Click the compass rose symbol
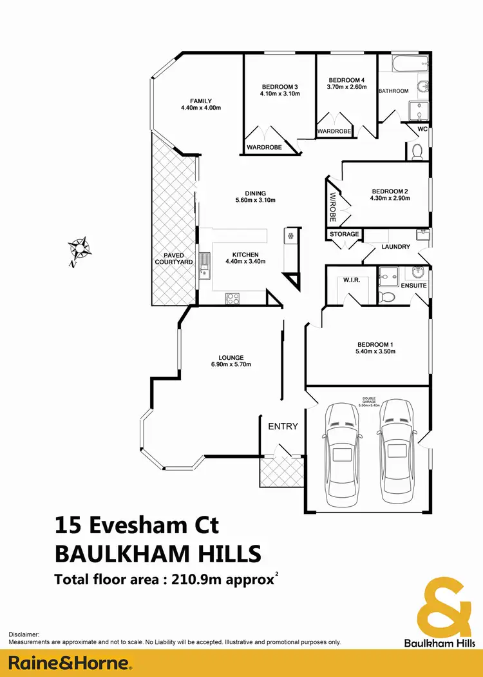pyautogui.click(x=80, y=248)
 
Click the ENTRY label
pyautogui.click(x=283, y=426)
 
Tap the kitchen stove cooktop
pyautogui.click(x=232, y=298)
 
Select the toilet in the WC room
pyautogui.click(x=417, y=152)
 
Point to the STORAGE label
pyautogui.click(x=344, y=234)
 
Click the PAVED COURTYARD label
pyautogui.click(x=173, y=258)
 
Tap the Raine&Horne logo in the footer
pyautogui.click(x=70, y=663)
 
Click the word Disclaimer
pyautogui.click(x=24, y=635)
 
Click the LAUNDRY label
pyautogui.click(x=395, y=246)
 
